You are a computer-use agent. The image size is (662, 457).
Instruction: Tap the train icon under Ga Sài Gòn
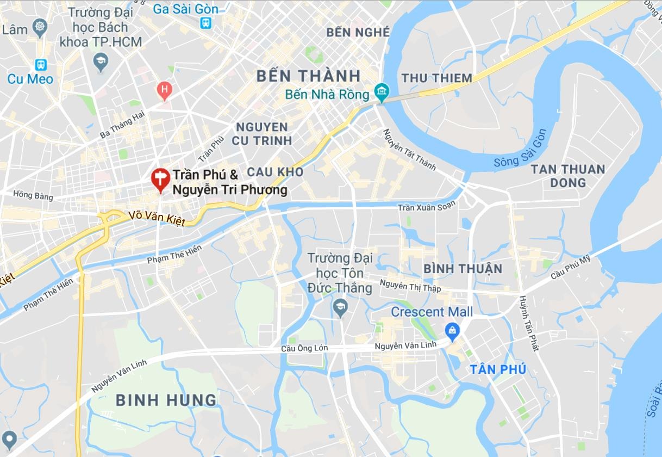(206, 23)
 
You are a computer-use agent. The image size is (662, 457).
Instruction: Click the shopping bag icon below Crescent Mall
(452, 330)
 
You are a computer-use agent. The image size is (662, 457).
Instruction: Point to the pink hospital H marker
(164, 89)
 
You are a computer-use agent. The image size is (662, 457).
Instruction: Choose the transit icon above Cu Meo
(41, 65)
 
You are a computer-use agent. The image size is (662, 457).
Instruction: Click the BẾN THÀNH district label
(308, 76)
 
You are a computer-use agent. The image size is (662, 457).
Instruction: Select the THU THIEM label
(436, 78)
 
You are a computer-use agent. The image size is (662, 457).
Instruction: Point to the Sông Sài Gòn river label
(521, 149)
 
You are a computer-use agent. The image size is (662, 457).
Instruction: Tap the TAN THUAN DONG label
(568, 176)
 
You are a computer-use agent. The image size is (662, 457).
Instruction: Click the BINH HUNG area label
(166, 400)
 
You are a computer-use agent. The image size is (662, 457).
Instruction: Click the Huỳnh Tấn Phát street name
(528, 323)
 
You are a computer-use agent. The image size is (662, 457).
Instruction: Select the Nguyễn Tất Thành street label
(409, 150)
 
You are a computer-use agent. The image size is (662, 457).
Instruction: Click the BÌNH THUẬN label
(463, 269)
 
